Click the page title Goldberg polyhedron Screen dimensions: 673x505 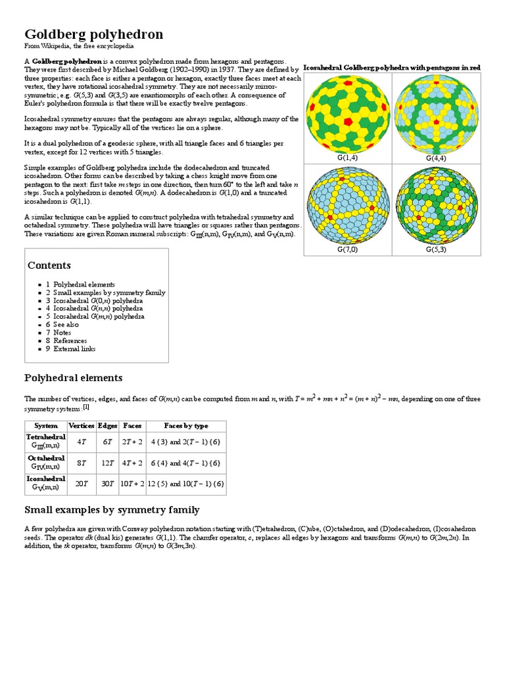(x=93, y=34)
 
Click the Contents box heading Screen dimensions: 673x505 (x=49, y=266)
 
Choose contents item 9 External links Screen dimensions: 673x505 (x=74, y=348)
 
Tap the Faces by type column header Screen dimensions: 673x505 (x=185, y=426)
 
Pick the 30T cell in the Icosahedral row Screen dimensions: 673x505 (x=107, y=484)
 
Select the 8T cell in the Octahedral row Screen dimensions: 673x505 (x=82, y=463)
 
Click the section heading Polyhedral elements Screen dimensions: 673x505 (x=73, y=378)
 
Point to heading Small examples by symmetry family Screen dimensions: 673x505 (x=112, y=510)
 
